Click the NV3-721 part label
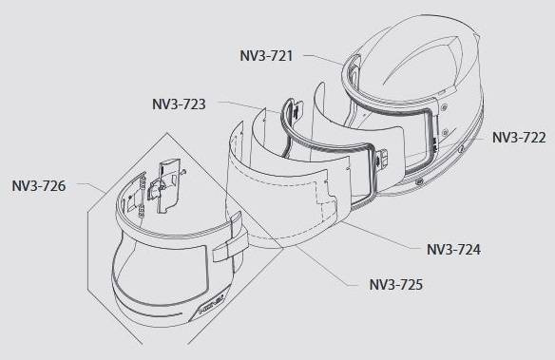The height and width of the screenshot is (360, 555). pyautogui.click(x=266, y=56)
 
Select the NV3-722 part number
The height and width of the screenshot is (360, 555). pyautogui.click(x=519, y=138)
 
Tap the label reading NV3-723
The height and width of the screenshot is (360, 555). pyautogui.click(x=179, y=104)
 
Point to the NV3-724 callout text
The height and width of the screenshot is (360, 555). pyautogui.click(x=453, y=250)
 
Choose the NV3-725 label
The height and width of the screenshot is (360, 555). pyautogui.click(x=396, y=284)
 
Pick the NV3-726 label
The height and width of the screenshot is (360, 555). pyautogui.click(x=39, y=186)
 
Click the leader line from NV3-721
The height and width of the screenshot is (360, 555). pyautogui.click(x=323, y=59)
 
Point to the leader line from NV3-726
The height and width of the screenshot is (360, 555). pyautogui.click(x=91, y=187)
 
